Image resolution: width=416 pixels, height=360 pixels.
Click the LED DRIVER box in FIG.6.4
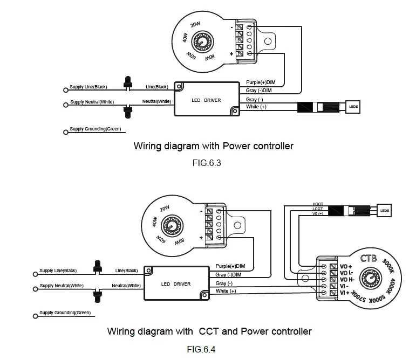point(176,283)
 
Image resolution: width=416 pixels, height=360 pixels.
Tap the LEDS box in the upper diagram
point(353,107)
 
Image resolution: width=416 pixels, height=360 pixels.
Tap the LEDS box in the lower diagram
point(384,210)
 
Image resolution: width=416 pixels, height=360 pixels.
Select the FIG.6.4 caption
point(201,348)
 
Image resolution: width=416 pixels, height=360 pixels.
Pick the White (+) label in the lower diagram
point(226,291)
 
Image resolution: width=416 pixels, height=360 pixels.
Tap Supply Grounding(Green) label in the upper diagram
point(95,129)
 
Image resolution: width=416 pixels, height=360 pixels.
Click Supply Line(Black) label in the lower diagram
point(58,270)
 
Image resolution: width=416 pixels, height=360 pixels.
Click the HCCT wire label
point(317,204)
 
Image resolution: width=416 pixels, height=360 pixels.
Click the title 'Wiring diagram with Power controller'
point(213,146)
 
